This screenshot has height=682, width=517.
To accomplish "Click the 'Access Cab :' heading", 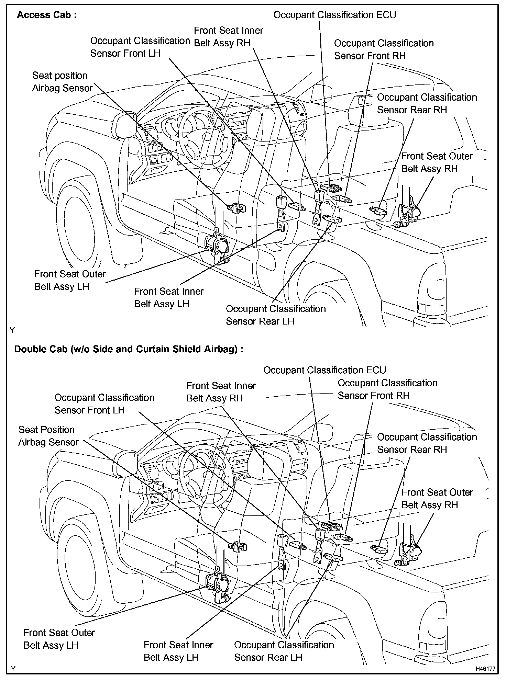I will (47, 15).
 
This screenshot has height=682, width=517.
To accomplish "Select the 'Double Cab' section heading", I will (129, 349).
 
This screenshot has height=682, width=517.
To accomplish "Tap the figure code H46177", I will (485, 669).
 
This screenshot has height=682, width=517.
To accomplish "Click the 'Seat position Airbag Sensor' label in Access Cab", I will (62, 82).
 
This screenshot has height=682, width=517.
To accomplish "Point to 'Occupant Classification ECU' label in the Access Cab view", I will (334, 15).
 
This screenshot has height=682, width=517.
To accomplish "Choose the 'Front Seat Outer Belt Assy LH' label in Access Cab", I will (70, 280).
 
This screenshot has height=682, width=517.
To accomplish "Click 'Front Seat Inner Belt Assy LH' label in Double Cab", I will (178, 651).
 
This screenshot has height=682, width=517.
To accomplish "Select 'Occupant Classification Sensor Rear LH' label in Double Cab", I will (284, 651).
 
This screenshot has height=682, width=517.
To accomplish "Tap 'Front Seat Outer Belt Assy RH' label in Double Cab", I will (437, 499).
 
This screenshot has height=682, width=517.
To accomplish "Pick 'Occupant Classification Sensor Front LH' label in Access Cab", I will (140, 47).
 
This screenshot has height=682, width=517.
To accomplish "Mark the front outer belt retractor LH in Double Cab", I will (217, 584).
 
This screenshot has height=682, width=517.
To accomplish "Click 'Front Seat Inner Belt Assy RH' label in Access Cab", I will (228, 37).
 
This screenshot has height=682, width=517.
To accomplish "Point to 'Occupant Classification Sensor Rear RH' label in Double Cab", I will (427, 443).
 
